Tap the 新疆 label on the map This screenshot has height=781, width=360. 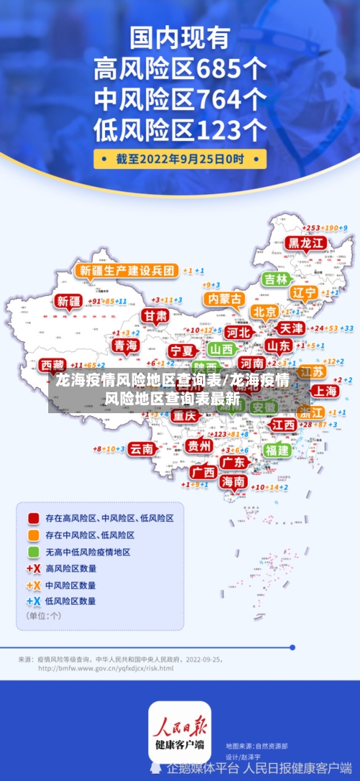(x=69, y=302)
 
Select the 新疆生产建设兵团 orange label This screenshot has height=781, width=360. (x=127, y=271)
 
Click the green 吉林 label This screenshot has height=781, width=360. (x=275, y=279)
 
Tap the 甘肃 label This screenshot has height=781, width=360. (x=154, y=316)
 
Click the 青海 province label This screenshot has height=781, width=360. (x=125, y=346)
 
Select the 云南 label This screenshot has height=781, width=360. (x=141, y=448)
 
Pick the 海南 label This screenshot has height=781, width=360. (x=233, y=482)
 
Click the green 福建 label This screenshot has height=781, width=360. (x=276, y=450)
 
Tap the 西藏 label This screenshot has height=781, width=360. (x=52, y=365)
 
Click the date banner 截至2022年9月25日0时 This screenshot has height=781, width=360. (x=180, y=158)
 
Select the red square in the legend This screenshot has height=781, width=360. (x=33, y=518)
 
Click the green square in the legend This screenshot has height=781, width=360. (x=33, y=552)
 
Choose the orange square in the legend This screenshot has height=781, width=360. (x=33, y=536)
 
